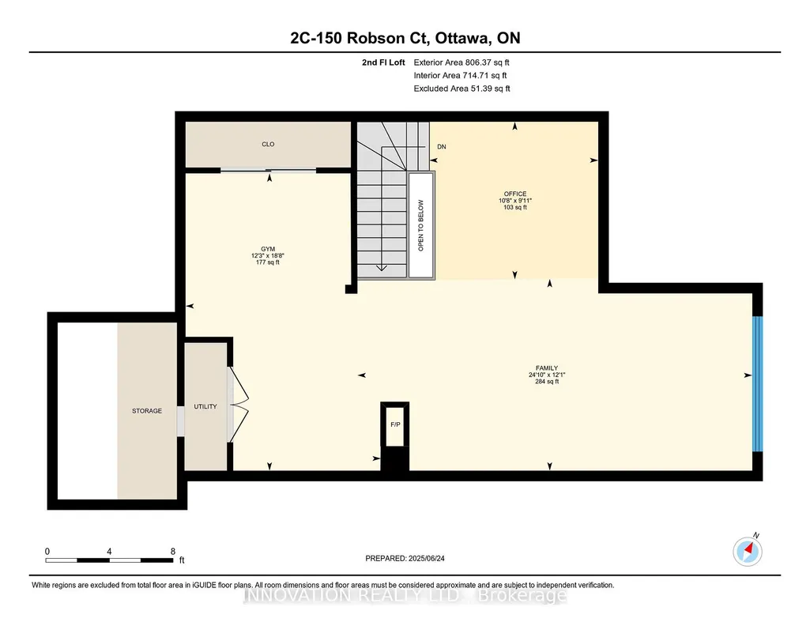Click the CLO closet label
click(268, 144)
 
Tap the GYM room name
click(268, 249)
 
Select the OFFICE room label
click(515, 194)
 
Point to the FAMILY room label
click(547, 368)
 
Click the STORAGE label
click(147, 411)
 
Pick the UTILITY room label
click(205, 406)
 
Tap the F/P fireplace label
click(395, 424)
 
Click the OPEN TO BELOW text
click(420, 226)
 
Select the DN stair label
click(442, 147)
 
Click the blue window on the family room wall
click(757, 384)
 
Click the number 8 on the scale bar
click(173, 551)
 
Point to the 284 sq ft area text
click(547, 382)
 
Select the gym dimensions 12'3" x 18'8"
click(268, 255)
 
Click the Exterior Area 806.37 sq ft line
click(462, 62)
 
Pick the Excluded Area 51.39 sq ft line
click(462, 89)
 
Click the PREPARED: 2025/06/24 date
click(405, 558)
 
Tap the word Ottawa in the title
click(463, 38)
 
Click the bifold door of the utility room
click(238, 405)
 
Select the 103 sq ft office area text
click(515, 207)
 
